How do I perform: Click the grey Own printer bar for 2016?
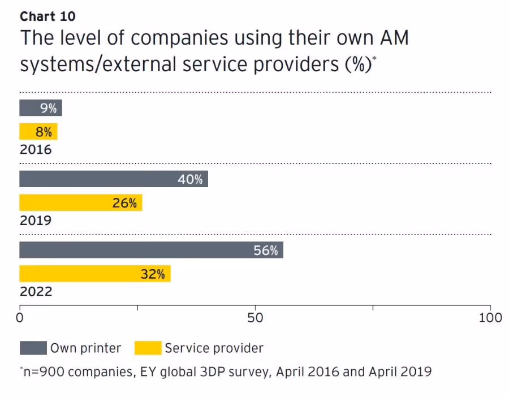(x=40, y=107)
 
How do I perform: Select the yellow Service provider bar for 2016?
(x=38, y=132)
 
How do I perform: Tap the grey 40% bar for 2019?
(x=113, y=179)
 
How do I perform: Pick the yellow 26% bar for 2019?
(x=80, y=202)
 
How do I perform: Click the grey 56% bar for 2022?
(x=150, y=250)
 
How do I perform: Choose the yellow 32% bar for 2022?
(x=94, y=274)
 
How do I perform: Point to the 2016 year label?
(x=35, y=150)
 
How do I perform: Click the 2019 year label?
(x=35, y=220)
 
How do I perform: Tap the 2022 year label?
(x=35, y=292)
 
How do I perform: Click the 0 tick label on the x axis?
(x=20, y=318)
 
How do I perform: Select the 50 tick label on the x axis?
(x=256, y=318)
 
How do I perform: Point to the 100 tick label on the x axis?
(x=490, y=318)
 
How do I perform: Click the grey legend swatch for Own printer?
(x=32, y=348)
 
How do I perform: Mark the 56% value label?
(x=266, y=250)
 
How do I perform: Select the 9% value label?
(x=48, y=108)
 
